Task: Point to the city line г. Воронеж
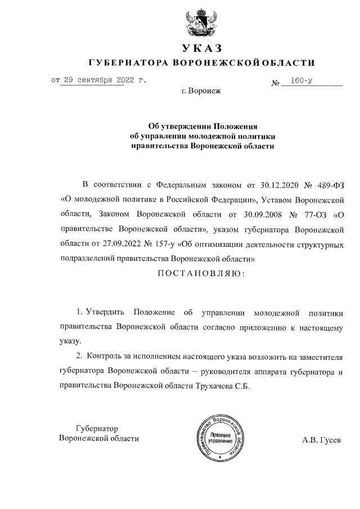click(x=202, y=90)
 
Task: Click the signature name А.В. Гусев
click(x=321, y=439)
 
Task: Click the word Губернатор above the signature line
click(x=97, y=428)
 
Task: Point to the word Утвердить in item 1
click(x=103, y=311)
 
